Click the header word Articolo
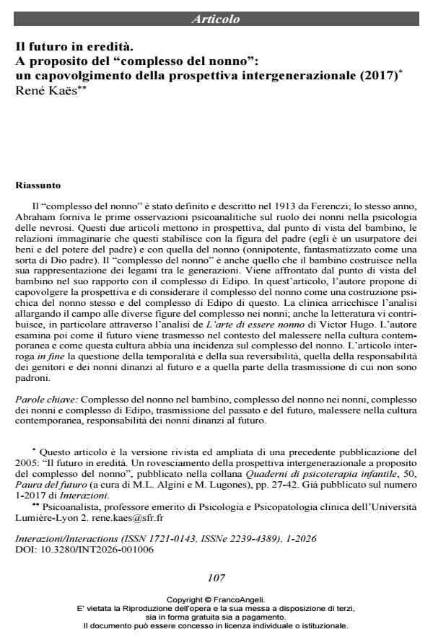click(x=215, y=19)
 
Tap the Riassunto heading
click(x=38, y=185)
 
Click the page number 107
click(x=216, y=578)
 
